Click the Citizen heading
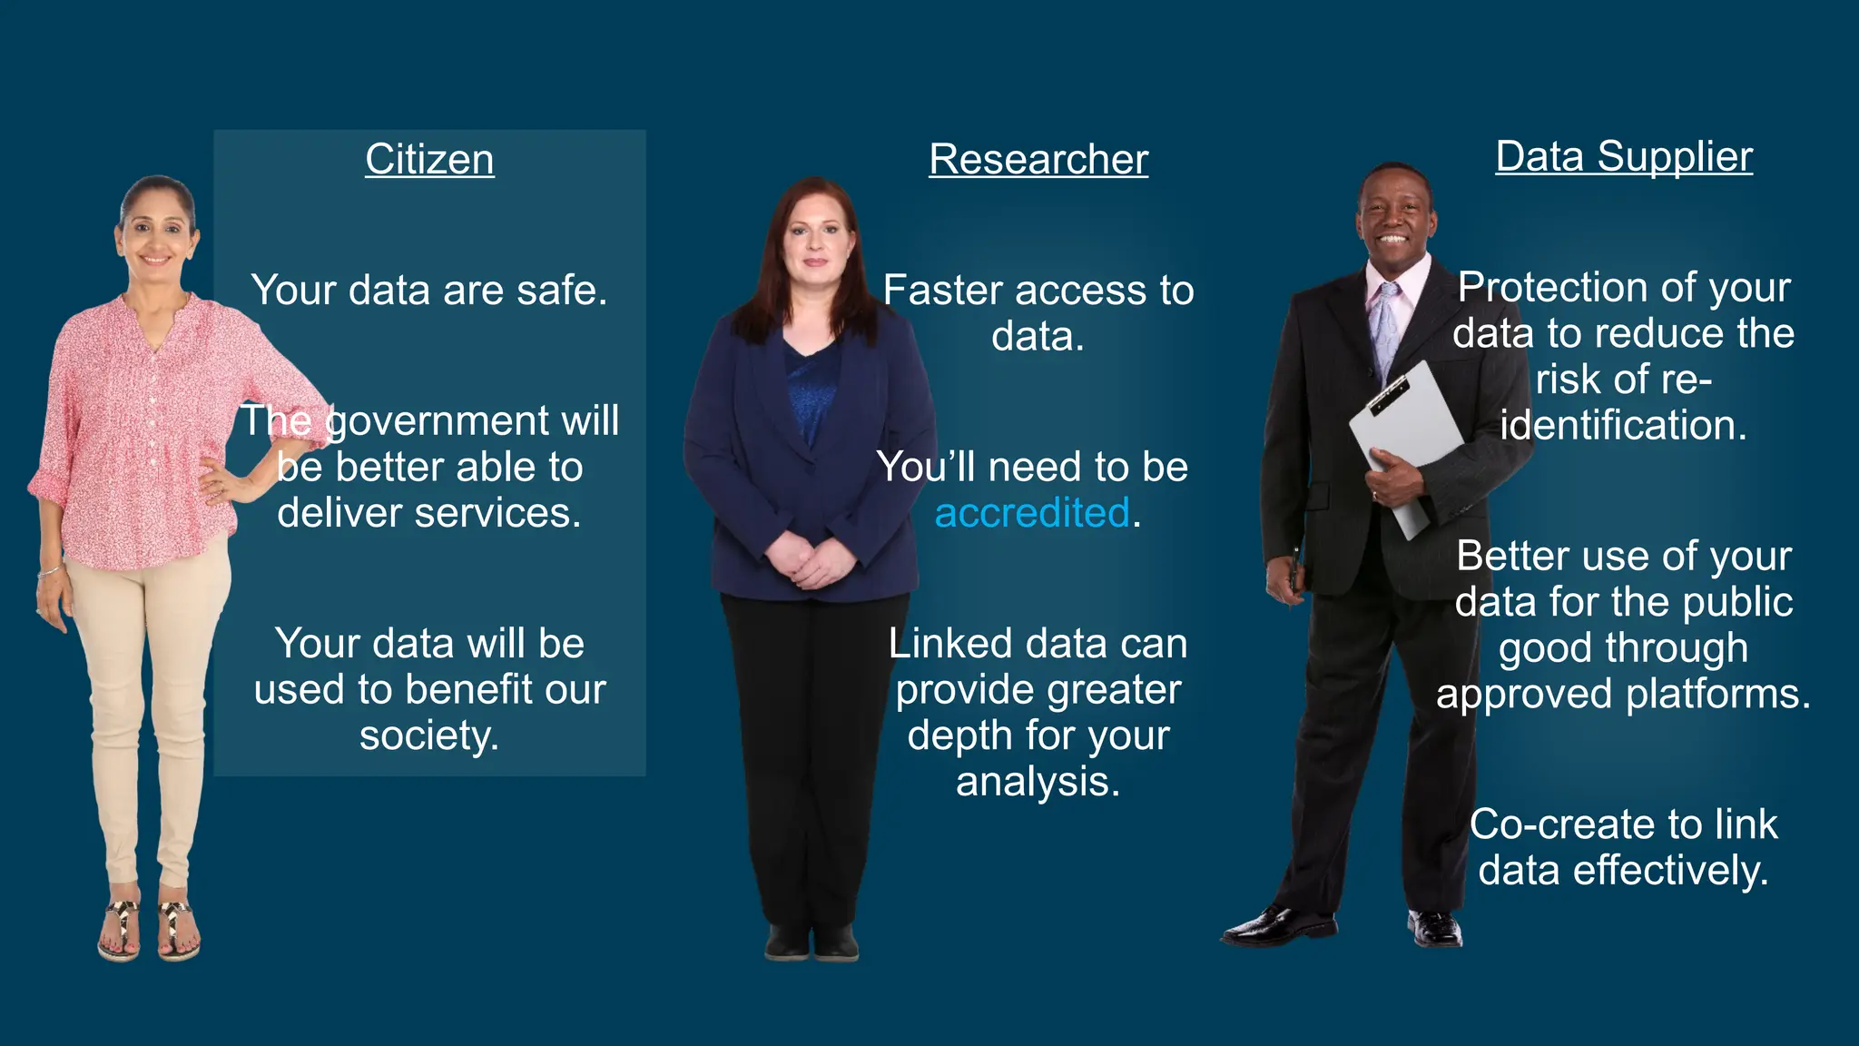click(x=429, y=160)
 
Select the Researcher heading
click(x=1038, y=160)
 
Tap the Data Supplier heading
click(x=1624, y=157)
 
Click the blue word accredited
click(x=1032, y=513)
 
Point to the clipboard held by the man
click(x=1402, y=436)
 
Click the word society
click(x=429, y=735)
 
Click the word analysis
click(x=1038, y=781)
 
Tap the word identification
click(x=1623, y=425)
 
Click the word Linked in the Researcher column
click(x=949, y=644)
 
